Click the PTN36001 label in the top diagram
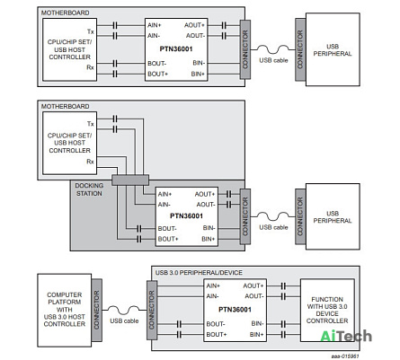click(176, 49)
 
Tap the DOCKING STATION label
click(89, 189)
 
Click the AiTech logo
click(346, 336)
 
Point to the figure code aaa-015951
click(345, 356)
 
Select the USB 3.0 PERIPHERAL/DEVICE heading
click(199, 273)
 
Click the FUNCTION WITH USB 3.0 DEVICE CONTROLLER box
click(327, 310)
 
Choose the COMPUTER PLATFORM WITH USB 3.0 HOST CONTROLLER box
click(65, 310)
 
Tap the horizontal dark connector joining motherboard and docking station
click(130, 180)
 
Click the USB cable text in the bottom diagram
click(124, 321)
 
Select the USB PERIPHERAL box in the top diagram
click(333, 49)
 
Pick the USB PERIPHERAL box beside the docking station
click(333, 216)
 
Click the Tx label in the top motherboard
click(91, 31)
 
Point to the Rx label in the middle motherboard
click(90, 162)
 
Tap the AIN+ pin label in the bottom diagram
click(213, 285)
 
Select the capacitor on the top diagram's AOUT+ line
click(224, 25)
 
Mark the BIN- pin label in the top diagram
click(199, 63)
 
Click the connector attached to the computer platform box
click(97, 310)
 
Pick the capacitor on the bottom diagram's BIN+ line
click(283, 334)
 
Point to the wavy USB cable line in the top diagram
click(272, 48)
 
